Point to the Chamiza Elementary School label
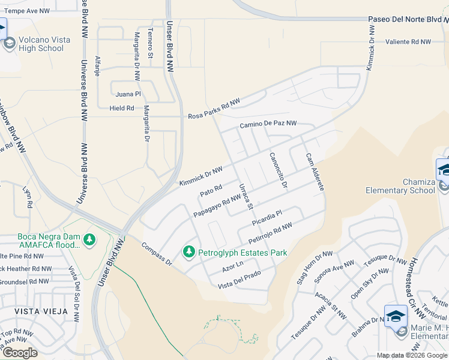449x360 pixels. click(400, 185)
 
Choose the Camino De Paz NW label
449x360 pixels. click(268, 124)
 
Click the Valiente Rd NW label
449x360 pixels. click(408, 42)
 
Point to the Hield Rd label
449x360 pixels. click(122, 109)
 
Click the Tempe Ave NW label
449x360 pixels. click(27, 11)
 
